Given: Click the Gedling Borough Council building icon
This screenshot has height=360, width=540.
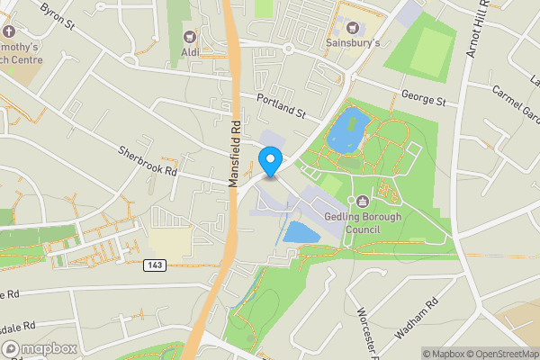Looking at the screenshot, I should pyautogui.click(x=362, y=201).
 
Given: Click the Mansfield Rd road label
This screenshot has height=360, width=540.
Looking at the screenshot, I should pyautogui.click(x=235, y=154).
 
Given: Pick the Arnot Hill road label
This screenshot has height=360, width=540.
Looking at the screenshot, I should pyautogui.click(x=477, y=33).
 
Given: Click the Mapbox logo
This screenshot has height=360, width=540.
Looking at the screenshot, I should pyautogui.click(x=40, y=348).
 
